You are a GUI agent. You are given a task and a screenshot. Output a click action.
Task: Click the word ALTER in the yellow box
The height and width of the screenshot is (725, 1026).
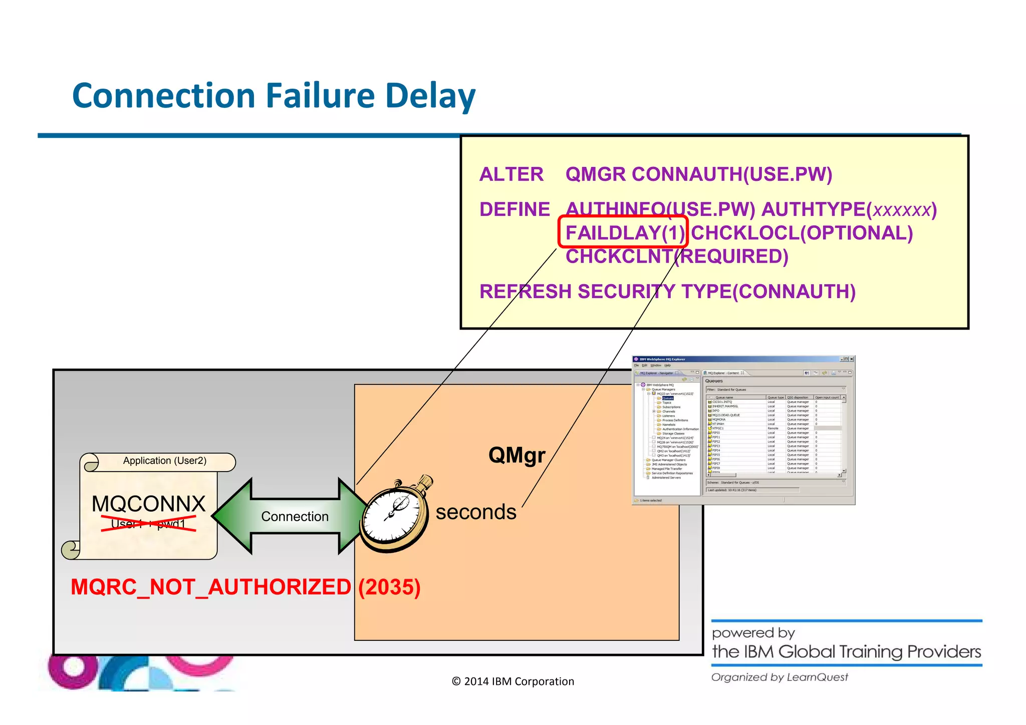(x=511, y=174)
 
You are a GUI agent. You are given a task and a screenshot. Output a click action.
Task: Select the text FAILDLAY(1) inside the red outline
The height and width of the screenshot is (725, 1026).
(x=624, y=233)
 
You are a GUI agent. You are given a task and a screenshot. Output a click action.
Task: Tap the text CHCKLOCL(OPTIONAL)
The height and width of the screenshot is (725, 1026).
(x=802, y=233)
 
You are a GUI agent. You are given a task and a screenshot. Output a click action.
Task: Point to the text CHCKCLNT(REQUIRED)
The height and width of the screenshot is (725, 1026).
(x=677, y=257)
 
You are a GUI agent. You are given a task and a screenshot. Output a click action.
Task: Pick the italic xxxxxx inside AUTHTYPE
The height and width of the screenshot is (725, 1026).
(x=901, y=210)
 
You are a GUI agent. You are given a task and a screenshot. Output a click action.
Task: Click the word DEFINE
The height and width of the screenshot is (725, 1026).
(x=515, y=209)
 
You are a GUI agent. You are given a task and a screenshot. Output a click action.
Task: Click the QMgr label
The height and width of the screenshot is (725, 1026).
(x=517, y=455)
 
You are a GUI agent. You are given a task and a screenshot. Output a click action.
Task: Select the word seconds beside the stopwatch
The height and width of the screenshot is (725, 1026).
(x=475, y=512)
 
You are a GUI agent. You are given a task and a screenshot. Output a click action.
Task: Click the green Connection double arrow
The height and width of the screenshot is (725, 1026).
(x=295, y=516)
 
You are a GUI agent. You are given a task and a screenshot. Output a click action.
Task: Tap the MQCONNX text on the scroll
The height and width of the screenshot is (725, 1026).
(x=149, y=504)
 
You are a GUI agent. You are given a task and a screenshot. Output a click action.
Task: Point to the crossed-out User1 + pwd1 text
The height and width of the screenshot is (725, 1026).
(x=148, y=524)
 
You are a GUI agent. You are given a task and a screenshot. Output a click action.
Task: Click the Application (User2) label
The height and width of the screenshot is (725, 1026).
(x=164, y=460)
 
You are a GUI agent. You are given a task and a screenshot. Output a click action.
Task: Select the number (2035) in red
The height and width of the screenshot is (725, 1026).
(x=389, y=587)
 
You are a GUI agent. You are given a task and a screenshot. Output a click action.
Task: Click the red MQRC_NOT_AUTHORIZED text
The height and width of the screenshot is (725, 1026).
(x=211, y=587)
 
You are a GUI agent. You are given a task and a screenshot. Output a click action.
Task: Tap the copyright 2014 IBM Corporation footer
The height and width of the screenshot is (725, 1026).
(x=512, y=681)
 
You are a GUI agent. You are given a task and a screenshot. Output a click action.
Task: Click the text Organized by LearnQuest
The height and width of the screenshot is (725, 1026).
(x=780, y=677)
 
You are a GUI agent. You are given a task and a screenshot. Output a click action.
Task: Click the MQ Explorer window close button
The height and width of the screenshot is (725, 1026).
(x=851, y=359)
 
